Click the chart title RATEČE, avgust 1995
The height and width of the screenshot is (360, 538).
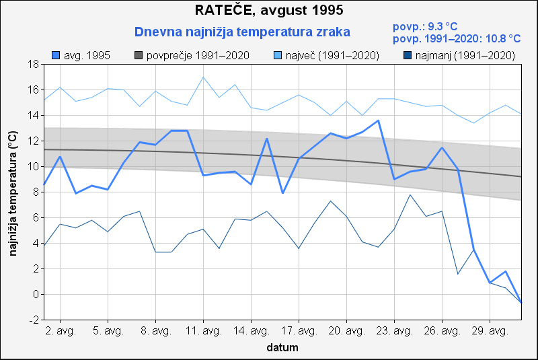pos(269,11)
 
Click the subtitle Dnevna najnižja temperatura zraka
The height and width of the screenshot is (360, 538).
pos(242,32)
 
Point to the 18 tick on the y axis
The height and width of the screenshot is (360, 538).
pos(32,65)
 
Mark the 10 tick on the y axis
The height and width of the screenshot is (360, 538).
pos(32,167)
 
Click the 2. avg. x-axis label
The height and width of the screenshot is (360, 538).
pos(61,332)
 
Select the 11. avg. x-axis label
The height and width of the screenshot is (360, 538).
pos(203,332)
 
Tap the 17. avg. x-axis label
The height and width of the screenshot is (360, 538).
pos(299,332)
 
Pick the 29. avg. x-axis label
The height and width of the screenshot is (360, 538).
pos(490,332)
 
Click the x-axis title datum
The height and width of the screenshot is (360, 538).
pos(282,348)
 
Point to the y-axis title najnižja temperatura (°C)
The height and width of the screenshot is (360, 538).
pos(13,192)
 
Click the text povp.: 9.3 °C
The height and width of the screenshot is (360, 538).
pos(424,27)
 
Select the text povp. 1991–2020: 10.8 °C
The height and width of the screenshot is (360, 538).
pos(457,39)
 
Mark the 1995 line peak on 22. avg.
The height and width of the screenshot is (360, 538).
pos(378,120)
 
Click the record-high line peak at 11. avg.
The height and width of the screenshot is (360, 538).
pos(203,77)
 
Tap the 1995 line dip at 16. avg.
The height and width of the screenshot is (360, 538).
pos(282,193)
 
